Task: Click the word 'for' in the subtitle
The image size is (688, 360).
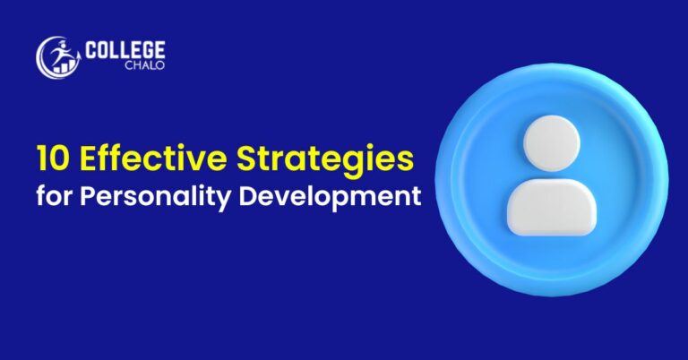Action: click(52, 195)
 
